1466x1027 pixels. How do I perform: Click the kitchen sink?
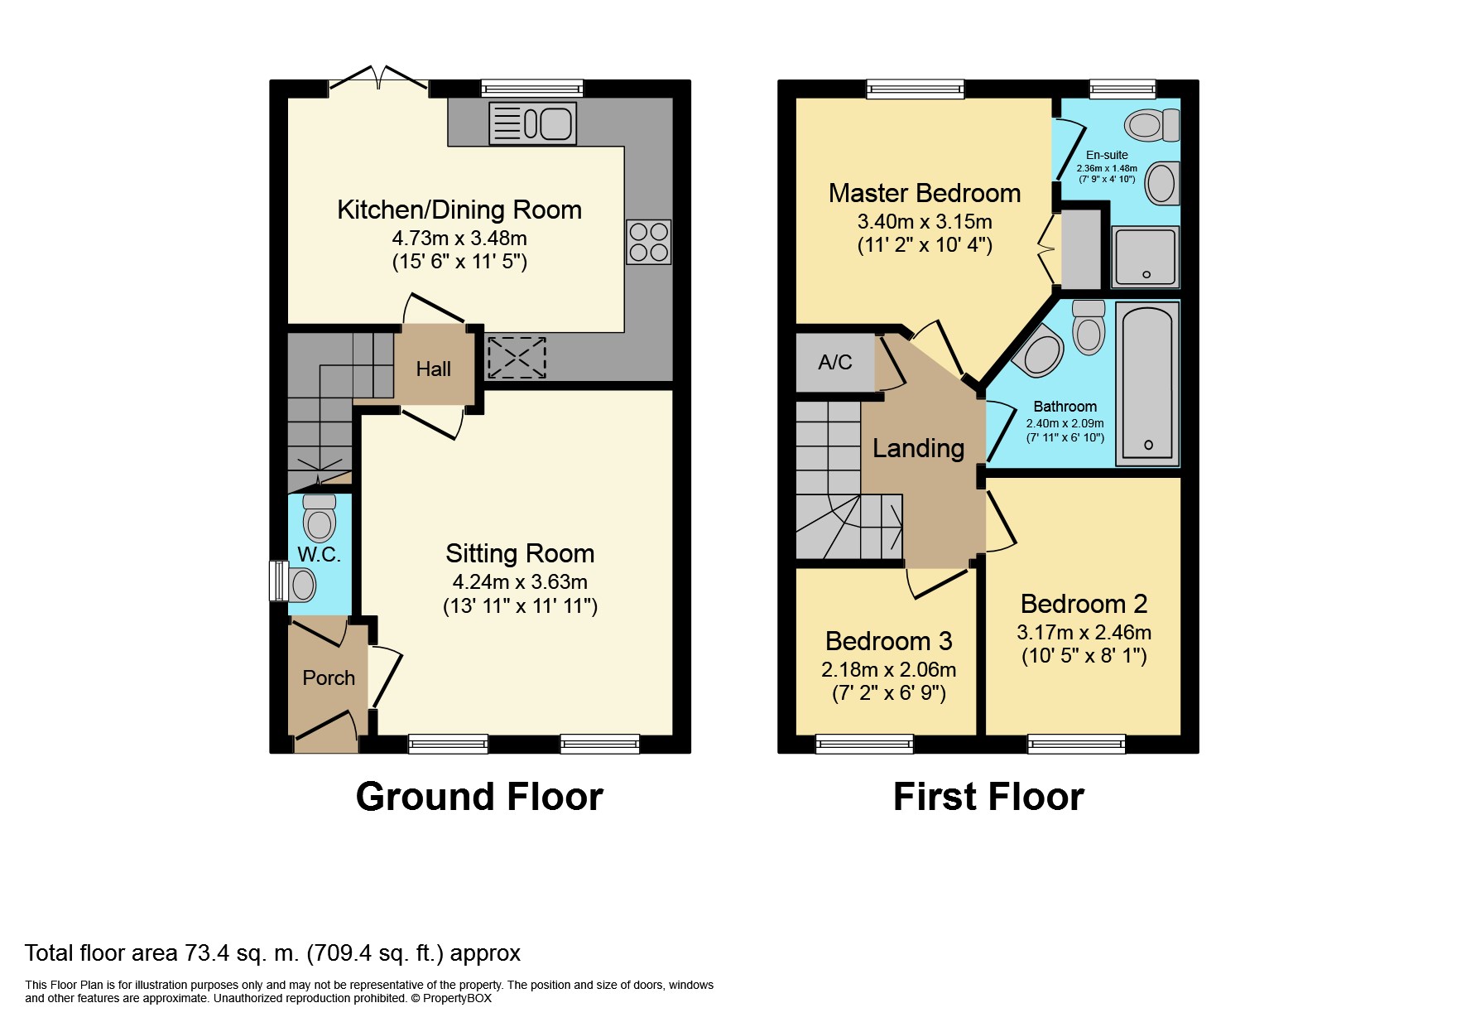(532, 123)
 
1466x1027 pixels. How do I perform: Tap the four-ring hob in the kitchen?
(649, 242)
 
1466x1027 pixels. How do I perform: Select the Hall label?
(434, 369)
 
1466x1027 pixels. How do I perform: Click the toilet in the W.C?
(320, 517)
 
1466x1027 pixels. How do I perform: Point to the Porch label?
(329, 677)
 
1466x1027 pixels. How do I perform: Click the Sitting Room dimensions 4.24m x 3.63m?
(520, 581)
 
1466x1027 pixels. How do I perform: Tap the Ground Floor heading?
(479, 797)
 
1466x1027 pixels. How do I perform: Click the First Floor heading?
(988, 797)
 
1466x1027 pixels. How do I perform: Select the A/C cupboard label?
(835, 362)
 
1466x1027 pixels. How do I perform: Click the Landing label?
(919, 448)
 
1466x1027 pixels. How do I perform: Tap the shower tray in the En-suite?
(1145, 256)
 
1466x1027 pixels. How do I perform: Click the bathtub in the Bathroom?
(1147, 383)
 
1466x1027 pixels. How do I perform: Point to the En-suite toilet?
(1152, 125)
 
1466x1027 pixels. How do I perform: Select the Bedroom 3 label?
(889, 641)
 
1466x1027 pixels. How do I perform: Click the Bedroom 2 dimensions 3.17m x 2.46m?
(1084, 632)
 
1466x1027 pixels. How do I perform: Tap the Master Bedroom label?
(925, 193)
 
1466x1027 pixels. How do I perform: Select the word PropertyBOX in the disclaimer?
(457, 998)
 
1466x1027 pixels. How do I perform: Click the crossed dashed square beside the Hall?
(516, 356)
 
